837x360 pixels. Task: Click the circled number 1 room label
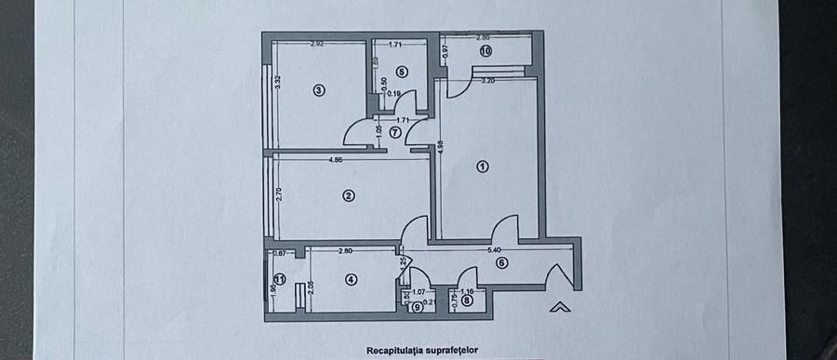pyautogui.click(x=482, y=167)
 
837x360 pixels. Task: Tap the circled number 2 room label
pyautogui.click(x=348, y=195)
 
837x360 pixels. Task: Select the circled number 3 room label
pyautogui.click(x=318, y=90)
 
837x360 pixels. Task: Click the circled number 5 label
pyautogui.click(x=402, y=71)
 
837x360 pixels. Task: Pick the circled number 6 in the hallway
pyautogui.click(x=502, y=263)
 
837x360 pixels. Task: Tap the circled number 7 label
pyautogui.click(x=395, y=132)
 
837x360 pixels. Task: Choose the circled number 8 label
pyautogui.click(x=467, y=300)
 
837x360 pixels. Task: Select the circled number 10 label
pyautogui.click(x=485, y=51)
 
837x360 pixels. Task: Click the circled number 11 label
pyautogui.click(x=280, y=278)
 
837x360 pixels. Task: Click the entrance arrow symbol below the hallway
pyautogui.click(x=558, y=306)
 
